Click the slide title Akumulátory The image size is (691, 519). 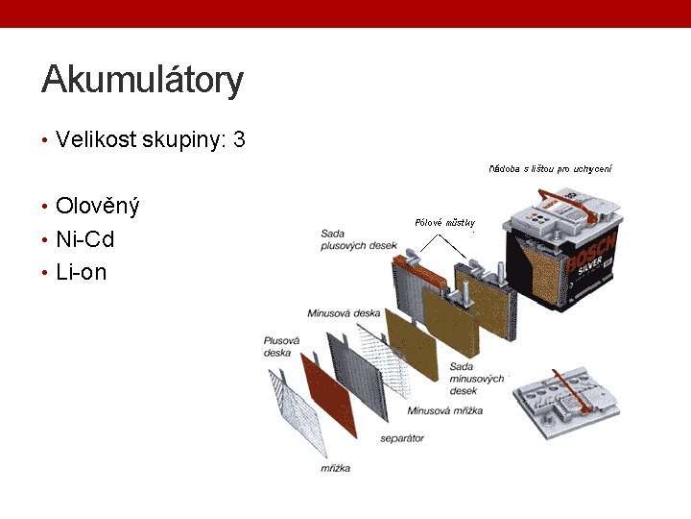pyautogui.click(x=142, y=80)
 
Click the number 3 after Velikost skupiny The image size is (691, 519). pyautogui.click(x=239, y=140)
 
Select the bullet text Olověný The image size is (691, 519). pyautogui.click(x=98, y=206)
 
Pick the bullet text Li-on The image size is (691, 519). pyautogui.click(x=82, y=272)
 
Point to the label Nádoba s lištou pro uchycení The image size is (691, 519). pyautogui.click(x=550, y=169)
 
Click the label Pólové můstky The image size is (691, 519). pyautogui.click(x=444, y=223)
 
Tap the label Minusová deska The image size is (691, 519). pyautogui.click(x=344, y=313)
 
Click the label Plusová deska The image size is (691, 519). pyautogui.click(x=282, y=346)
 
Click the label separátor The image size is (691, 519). pyautogui.click(x=401, y=438)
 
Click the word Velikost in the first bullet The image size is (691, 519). pyautogui.click(x=96, y=140)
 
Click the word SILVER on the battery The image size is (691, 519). pyautogui.click(x=591, y=270)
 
